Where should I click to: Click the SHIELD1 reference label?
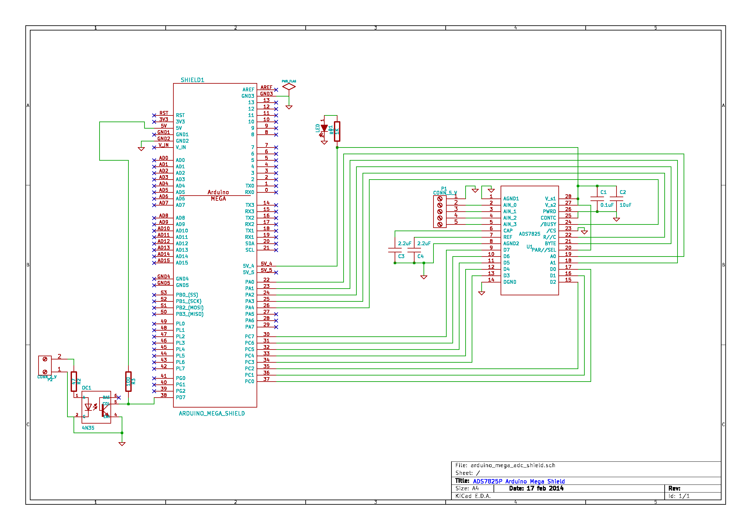click(x=192, y=80)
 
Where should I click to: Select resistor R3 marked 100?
click(x=128, y=381)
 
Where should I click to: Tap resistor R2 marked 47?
click(x=74, y=381)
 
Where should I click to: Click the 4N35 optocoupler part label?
click(x=88, y=428)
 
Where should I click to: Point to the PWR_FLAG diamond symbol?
click(x=289, y=87)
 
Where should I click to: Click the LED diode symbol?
click(x=324, y=128)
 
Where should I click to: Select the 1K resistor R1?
click(x=337, y=131)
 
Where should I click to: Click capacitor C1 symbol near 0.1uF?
click(x=597, y=198)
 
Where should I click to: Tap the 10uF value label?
click(x=625, y=205)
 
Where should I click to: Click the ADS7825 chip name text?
click(x=529, y=234)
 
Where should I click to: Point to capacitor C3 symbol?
click(x=395, y=250)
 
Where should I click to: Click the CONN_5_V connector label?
click(x=445, y=193)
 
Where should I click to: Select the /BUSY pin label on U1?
click(x=548, y=224)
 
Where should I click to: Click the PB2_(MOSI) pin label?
click(x=189, y=308)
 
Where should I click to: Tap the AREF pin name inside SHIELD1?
click(x=248, y=90)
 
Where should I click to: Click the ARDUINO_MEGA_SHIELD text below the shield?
click(x=212, y=413)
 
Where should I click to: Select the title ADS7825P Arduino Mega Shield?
click(x=519, y=481)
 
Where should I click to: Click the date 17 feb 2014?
click(x=545, y=488)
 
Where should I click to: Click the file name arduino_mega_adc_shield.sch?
click(x=512, y=465)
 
